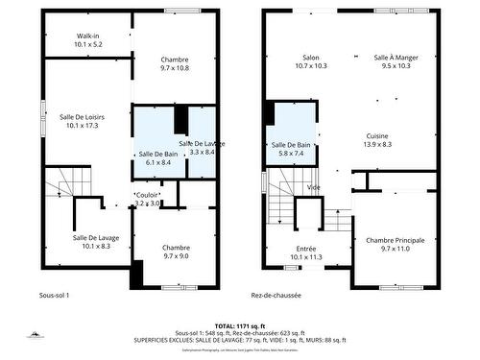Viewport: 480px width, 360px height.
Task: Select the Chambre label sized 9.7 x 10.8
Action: click(x=175, y=63)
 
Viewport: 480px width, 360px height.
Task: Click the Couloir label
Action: click(x=147, y=199)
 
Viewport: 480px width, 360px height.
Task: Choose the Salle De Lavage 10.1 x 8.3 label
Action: click(x=96, y=242)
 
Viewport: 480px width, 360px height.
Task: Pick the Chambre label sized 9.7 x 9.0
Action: click(x=176, y=251)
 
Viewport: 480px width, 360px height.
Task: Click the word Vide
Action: click(x=313, y=187)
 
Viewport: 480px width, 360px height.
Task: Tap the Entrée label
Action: click(x=307, y=251)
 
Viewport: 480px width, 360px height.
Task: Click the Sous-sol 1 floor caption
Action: click(x=55, y=295)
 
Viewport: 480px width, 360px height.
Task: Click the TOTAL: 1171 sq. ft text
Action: click(x=240, y=325)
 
